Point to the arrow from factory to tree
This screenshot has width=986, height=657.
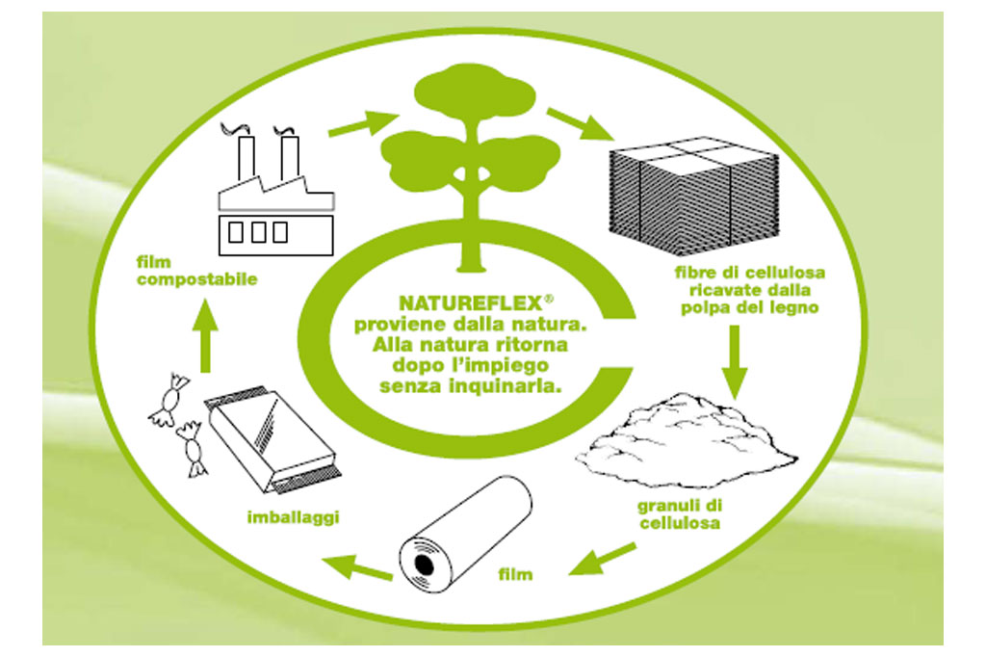pos(362,124)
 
